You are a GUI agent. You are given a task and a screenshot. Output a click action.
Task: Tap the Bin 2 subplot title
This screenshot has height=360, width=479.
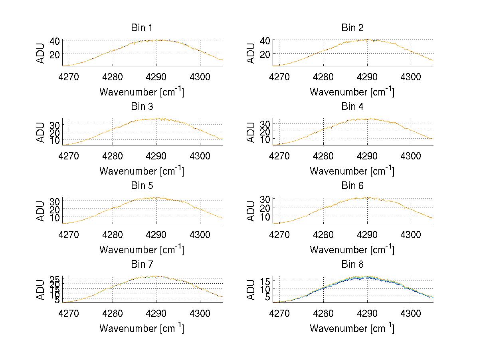(352, 28)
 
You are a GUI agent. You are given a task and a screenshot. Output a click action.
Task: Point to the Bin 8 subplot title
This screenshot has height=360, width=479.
(352, 264)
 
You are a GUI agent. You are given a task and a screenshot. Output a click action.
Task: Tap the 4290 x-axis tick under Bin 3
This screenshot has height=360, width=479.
(156, 155)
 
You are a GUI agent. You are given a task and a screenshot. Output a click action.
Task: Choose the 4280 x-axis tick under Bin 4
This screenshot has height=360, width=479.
(323, 155)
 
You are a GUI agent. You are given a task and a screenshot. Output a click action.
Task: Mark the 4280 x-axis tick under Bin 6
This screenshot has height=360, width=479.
(323, 234)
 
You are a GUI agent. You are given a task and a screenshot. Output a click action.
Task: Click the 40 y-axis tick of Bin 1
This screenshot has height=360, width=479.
(55, 40)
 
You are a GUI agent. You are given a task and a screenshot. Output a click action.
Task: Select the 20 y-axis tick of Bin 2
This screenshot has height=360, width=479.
(265, 54)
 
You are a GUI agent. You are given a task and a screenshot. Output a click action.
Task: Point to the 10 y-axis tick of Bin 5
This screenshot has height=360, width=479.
(55, 217)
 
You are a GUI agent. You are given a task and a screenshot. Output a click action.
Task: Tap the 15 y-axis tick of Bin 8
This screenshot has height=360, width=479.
(265, 281)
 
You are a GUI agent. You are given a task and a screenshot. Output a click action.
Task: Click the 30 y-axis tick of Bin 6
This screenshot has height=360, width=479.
(265, 199)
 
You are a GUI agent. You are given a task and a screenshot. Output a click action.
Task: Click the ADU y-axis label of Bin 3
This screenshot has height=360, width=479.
(41, 132)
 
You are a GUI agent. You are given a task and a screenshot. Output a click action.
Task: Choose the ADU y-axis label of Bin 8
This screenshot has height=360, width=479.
(251, 289)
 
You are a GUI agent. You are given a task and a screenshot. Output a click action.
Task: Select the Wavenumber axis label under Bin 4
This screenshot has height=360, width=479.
(352, 171)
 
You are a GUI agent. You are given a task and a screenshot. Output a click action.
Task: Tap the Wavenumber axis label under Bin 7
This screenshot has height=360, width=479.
(141, 328)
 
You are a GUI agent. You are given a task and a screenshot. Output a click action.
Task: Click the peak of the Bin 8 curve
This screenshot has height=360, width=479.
(366, 277)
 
